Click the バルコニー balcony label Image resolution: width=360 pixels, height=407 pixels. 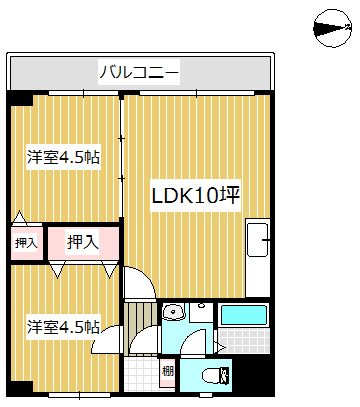139,72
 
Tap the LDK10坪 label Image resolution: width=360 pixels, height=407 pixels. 196,195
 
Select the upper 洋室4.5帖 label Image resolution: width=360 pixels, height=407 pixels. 63,157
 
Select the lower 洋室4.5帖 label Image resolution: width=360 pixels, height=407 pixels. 63,327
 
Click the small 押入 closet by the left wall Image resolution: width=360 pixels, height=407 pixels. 26,243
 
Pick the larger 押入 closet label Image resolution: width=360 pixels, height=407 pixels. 83,242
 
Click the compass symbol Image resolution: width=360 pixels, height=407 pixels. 332,28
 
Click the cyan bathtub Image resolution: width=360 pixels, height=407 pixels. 244,315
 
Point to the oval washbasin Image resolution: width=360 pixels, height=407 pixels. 173,312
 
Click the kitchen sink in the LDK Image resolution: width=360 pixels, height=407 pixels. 257,240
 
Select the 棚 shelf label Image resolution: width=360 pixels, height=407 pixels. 167,371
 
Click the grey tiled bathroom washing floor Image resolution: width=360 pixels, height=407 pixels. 244,341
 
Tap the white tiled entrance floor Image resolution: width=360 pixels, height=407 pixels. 142,374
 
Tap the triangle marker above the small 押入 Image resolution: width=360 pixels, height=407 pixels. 20,217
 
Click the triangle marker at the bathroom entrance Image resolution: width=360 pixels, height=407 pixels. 221,347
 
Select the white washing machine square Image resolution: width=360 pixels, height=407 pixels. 201,313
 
